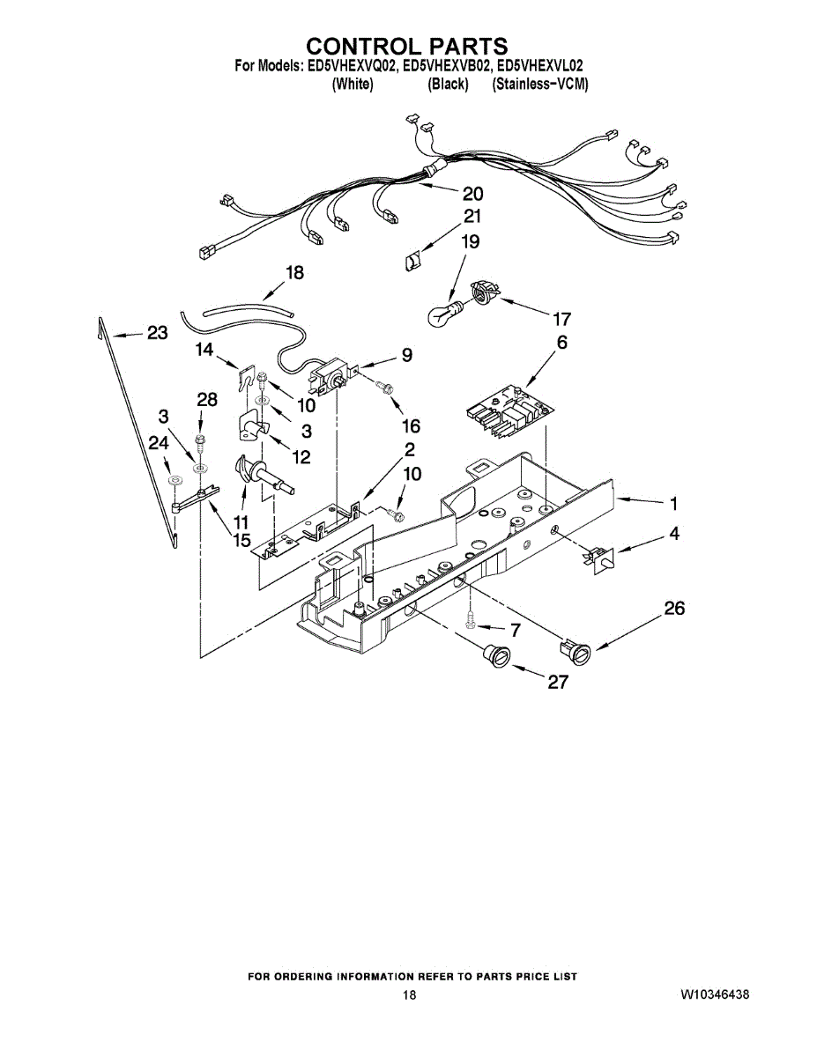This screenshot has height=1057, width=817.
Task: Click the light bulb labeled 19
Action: (x=445, y=314)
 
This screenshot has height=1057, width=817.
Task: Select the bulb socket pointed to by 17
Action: (x=483, y=292)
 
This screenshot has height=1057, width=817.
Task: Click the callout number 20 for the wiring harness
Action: (x=472, y=194)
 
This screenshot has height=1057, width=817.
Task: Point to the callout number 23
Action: (x=156, y=333)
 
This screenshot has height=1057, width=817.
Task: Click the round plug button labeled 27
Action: (x=497, y=656)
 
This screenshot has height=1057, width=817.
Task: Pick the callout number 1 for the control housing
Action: (x=673, y=504)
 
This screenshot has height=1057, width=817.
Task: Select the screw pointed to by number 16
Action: (x=384, y=388)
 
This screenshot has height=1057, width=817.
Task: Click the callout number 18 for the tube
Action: (x=294, y=273)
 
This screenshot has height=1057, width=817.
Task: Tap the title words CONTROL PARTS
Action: (x=406, y=46)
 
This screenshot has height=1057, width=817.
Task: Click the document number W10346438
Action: (x=715, y=994)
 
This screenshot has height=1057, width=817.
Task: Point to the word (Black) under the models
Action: (x=447, y=85)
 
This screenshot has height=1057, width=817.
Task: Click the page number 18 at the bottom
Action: (x=409, y=994)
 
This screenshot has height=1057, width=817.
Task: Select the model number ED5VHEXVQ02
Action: (x=350, y=66)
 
